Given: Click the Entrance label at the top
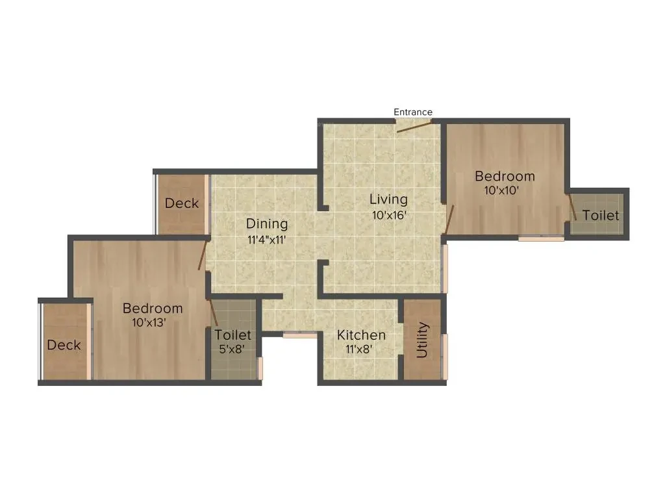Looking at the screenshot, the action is (412, 112).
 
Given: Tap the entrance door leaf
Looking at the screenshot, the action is (414, 127).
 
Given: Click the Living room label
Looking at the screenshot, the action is (388, 199).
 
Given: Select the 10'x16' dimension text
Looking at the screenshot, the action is (390, 215).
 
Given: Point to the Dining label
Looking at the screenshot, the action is (267, 224).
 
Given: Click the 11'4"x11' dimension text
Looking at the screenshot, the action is (267, 240).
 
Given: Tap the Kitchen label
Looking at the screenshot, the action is (361, 335).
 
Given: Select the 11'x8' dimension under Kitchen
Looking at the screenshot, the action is (359, 349).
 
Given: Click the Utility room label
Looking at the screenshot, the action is (422, 340).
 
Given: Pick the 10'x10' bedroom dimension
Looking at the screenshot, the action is (502, 190).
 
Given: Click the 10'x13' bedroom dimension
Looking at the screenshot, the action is (149, 322).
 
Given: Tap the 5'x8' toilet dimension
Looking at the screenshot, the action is (232, 349).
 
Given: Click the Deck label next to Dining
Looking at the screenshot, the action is (182, 203).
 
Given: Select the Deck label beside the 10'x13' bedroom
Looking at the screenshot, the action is (64, 345).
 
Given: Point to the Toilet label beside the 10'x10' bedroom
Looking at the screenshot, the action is (601, 216).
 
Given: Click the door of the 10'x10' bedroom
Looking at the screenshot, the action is (449, 220).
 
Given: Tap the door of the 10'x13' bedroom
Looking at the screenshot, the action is (203, 255).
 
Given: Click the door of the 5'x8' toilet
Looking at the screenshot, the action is (213, 313).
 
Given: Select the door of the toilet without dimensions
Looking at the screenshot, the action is (572, 207).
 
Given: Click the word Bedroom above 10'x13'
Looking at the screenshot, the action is (153, 309).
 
